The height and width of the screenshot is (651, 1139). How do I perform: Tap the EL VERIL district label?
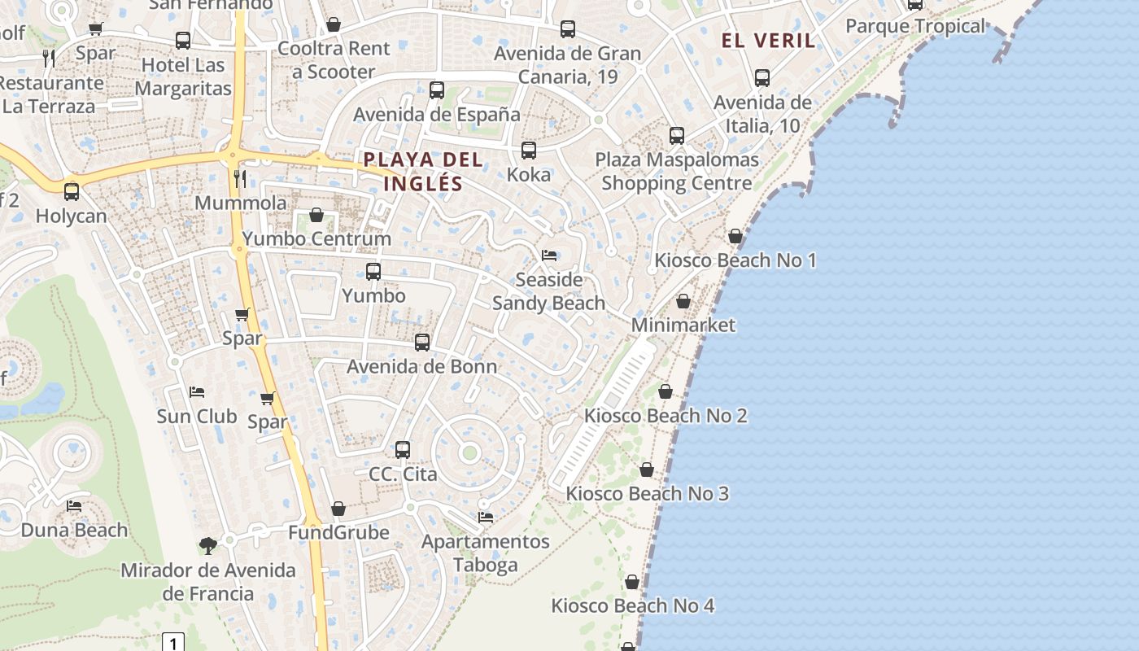[768, 41]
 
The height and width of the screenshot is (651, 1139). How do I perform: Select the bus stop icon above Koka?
[529, 151]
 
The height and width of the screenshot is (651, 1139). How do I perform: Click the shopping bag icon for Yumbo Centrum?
[316, 216]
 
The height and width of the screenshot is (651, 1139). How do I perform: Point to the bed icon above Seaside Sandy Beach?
[549, 256]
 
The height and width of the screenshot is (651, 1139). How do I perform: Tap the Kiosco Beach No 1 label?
[735, 260]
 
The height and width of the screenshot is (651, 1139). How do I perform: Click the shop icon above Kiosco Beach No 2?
[666, 391]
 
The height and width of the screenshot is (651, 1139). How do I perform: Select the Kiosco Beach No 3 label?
[647, 494]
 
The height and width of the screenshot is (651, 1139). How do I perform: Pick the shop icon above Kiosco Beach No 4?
[632, 582]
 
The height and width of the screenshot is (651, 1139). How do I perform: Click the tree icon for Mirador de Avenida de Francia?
[208, 545]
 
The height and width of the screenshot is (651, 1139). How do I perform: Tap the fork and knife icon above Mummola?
[239, 178]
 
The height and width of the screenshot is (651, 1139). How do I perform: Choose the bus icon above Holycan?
[72, 192]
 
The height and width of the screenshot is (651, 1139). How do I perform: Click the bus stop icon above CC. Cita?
[403, 449]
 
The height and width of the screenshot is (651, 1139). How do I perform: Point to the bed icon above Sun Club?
[196, 392]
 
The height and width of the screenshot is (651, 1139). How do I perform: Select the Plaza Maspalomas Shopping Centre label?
[677, 171]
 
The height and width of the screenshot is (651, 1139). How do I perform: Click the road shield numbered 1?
[173, 643]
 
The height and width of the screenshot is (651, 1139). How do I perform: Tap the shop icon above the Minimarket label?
[683, 301]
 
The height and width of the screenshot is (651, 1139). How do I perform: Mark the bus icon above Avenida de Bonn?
[422, 343]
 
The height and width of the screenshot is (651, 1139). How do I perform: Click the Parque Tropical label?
[915, 26]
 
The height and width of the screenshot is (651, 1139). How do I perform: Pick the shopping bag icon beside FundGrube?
[338, 509]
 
